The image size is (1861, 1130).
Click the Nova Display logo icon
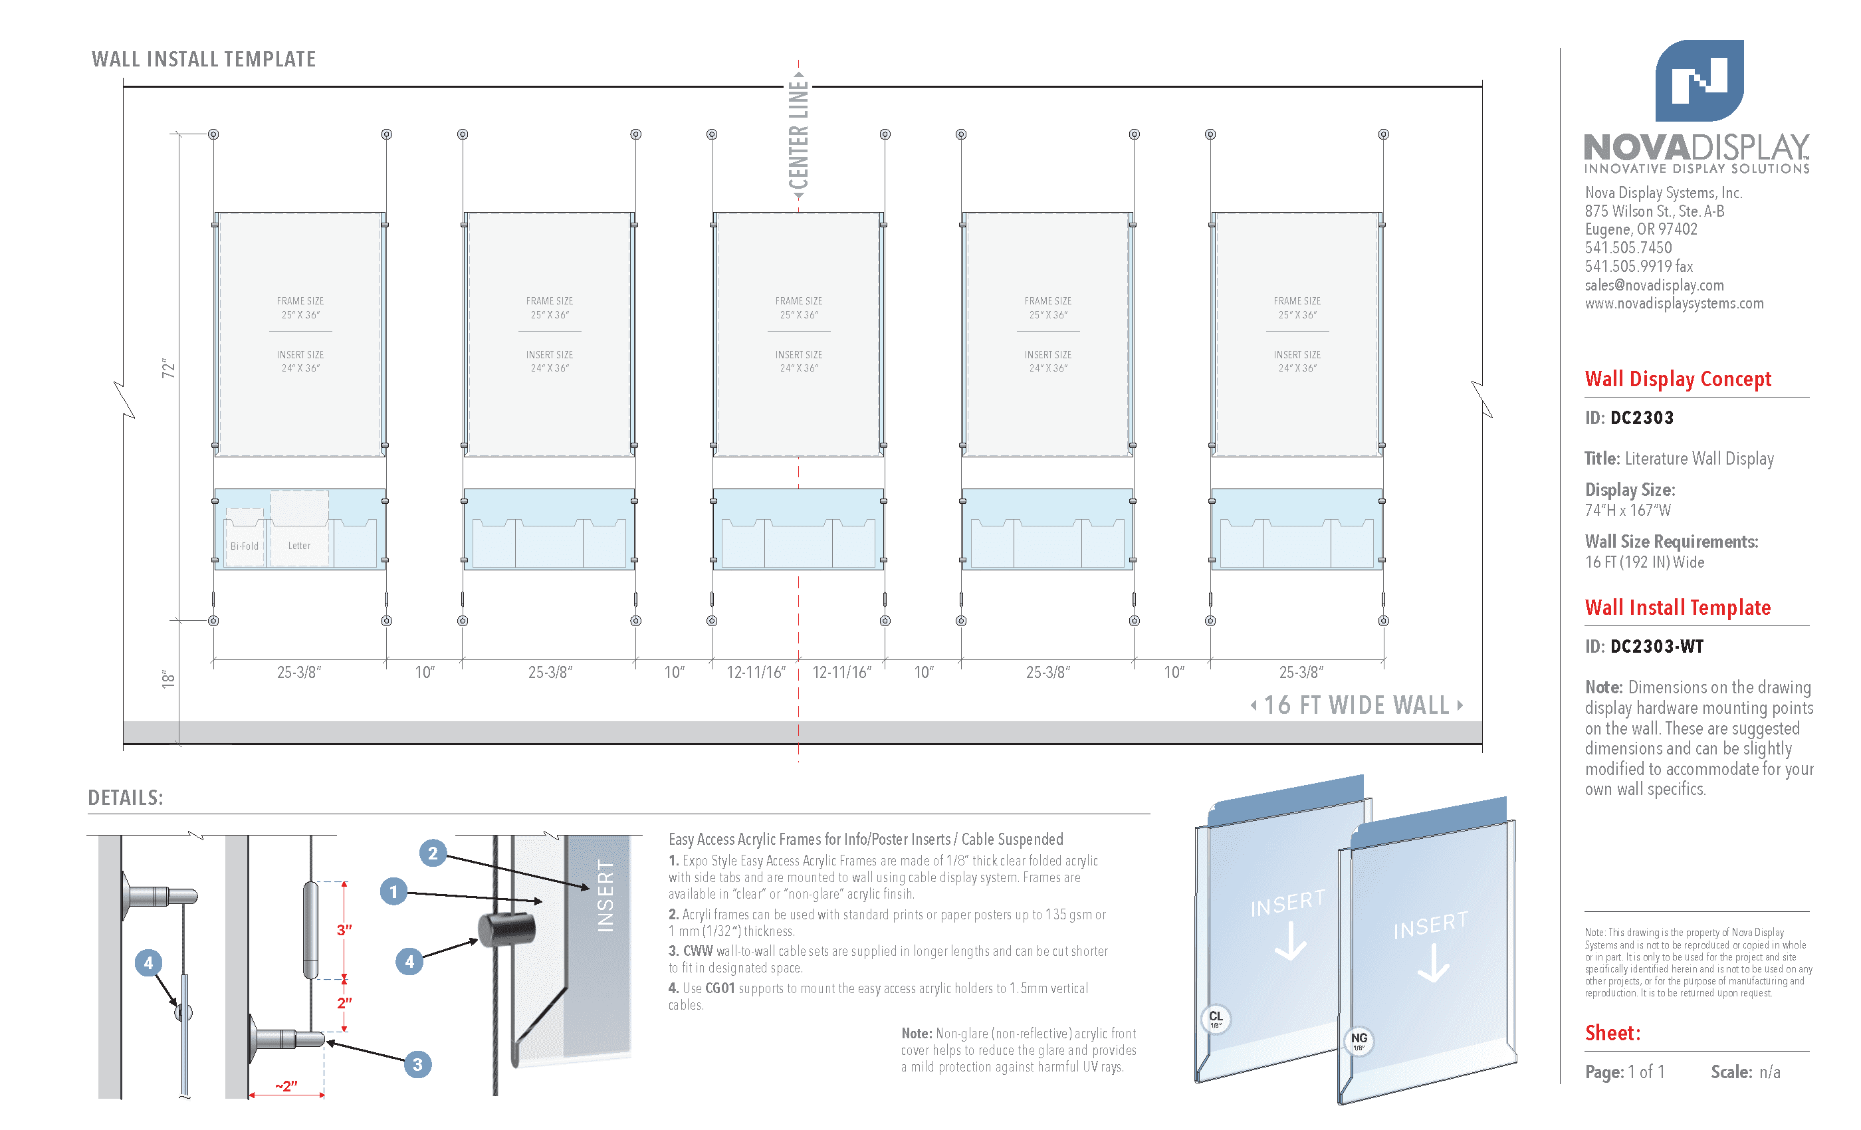pos(1699,81)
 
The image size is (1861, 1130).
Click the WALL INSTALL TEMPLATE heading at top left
pos(203,59)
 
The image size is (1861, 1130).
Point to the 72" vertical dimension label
pos(167,369)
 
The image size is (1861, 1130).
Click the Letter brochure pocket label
pos(299,545)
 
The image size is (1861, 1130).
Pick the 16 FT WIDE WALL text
pos(1357,705)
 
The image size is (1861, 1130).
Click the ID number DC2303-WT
pos(1656,647)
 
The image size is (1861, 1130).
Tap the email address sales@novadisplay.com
pos(1654,284)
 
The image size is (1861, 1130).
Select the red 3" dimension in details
pos(344,930)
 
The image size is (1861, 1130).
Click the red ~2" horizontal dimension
pos(286,1086)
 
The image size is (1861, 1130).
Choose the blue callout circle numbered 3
pos(417,1064)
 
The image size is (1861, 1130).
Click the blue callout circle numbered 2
pos(433,853)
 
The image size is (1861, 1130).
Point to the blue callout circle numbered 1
pos(393,892)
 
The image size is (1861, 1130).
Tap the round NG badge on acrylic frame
pos(1359,1040)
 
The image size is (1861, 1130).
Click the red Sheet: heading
pos(1612,1032)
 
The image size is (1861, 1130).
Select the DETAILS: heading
pos(126,798)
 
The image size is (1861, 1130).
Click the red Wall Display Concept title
pos(1678,378)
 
